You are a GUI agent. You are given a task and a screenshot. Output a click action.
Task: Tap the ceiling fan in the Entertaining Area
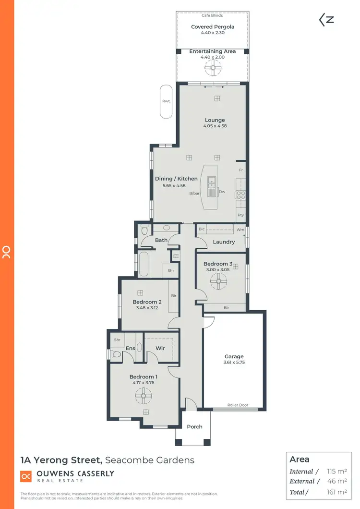[212, 69]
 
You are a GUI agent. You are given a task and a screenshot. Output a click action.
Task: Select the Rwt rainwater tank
[166, 101]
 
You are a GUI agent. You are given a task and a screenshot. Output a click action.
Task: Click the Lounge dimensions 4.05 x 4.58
[215, 126]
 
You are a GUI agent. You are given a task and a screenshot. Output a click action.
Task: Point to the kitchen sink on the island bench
[212, 182]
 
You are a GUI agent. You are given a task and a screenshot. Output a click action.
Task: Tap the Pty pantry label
[240, 216]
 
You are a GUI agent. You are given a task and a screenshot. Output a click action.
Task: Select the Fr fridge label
[241, 170]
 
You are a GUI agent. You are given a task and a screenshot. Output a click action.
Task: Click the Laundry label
[224, 242]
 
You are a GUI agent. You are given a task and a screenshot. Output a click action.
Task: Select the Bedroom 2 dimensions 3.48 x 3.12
[147, 308]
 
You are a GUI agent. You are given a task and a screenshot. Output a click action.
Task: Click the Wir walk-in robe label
[160, 348]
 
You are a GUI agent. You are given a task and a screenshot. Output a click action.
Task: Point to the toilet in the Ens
[115, 354]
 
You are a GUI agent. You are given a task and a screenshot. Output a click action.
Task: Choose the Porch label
[194, 426]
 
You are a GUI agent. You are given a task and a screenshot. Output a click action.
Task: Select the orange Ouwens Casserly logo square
[26, 476]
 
